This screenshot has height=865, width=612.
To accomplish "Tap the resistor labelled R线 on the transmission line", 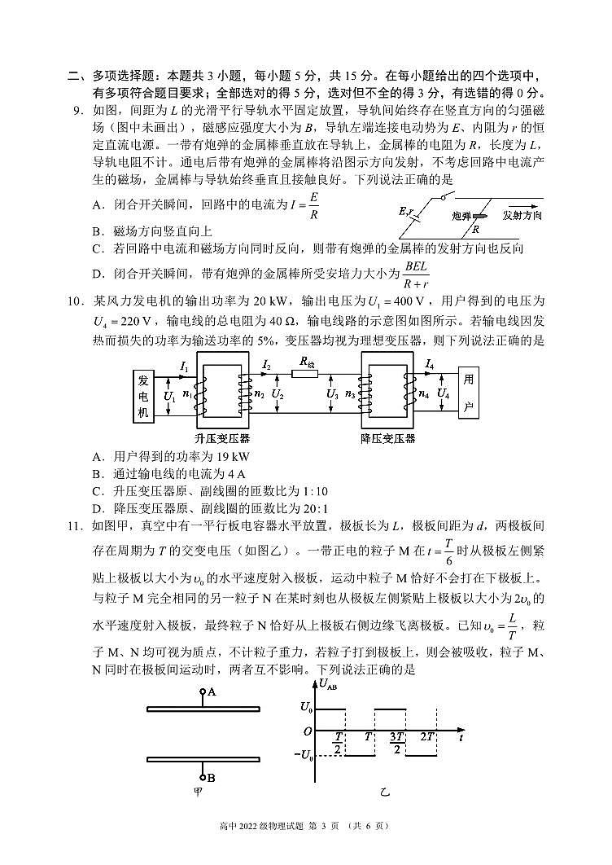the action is click(307, 375).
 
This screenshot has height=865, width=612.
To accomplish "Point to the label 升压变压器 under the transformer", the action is click(222, 439).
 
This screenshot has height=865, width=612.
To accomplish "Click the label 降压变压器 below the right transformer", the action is click(387, 439).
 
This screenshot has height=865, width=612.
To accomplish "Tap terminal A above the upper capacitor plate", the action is click(211, 692).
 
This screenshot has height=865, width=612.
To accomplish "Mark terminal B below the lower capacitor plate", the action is click(210, 777).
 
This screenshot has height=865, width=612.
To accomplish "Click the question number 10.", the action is click(76, 301).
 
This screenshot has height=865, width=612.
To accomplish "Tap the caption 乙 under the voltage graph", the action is click(385, 792).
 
